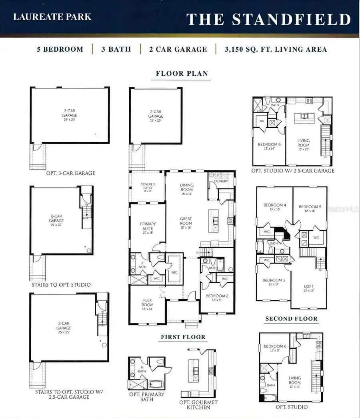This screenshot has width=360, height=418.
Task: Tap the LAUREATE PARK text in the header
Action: [52, 17]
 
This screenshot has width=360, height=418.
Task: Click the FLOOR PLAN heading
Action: [182, 73]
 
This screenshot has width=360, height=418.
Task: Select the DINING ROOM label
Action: [186, 187]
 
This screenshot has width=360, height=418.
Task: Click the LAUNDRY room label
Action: [221, 181]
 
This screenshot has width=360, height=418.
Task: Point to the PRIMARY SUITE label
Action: [148, 226]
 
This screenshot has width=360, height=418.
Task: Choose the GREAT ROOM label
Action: [186, 221]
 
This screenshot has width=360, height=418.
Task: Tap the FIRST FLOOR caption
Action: [183, 337]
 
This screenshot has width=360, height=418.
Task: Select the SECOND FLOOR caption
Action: [292, 319]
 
